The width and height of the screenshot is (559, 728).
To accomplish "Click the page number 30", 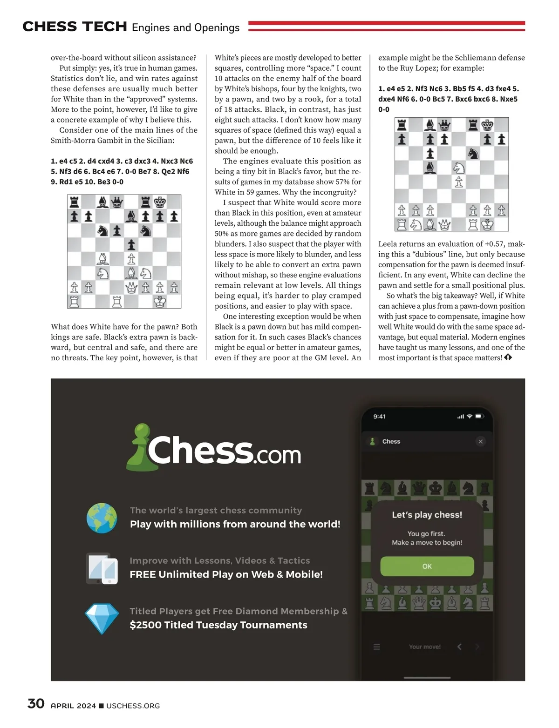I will [x=36, y=703].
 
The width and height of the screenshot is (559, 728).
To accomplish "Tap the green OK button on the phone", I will [x=427, y=566].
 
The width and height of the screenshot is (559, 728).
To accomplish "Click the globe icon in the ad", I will [x=102, y=518].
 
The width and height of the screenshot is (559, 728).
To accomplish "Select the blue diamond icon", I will [x=102, y=618].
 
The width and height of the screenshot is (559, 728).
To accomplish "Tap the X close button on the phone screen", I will [x=480, y=441].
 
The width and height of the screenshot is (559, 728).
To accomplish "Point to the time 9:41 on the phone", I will [x=379, y=416].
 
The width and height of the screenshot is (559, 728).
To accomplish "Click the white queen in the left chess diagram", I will [x=131, y=288].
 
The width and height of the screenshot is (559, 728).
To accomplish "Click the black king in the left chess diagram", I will [x=160, y=202].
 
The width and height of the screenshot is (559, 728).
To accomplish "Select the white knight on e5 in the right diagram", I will [x=459, y=167].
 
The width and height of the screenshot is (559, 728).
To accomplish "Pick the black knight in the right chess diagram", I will [x=473, y=153].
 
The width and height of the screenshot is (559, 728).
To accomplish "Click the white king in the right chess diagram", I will [x=487, y=224].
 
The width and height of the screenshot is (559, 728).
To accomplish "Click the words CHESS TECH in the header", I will [x=75, y=27].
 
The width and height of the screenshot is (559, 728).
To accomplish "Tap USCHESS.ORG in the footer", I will [x=133, y=706].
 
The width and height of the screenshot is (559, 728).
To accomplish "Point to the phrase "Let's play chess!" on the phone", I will [x=427, y=514].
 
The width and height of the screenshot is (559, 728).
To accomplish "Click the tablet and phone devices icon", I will [x=102, y=568].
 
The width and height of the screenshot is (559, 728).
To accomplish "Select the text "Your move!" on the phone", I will [x=424, y=647].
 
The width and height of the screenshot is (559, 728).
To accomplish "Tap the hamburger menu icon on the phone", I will [x=377, y=647].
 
